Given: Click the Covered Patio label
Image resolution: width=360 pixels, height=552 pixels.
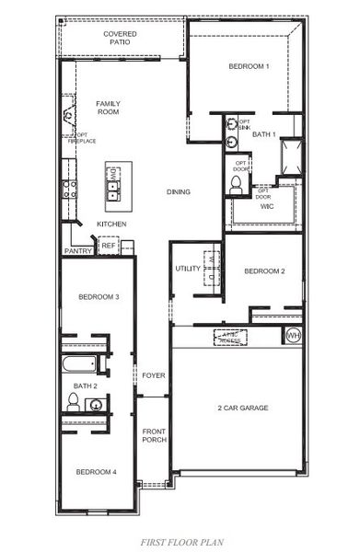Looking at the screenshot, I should pos(120,38).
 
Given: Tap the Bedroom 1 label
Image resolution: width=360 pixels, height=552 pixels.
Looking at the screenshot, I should pos(249,66).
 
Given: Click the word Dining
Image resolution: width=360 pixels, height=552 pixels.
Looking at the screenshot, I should pos(179,191).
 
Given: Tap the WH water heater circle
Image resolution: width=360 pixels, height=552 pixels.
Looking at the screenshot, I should pos(294,335).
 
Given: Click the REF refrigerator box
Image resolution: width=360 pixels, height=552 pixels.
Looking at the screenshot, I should pos(108,246).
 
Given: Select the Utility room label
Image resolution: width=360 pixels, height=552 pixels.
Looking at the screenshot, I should pos(188,268).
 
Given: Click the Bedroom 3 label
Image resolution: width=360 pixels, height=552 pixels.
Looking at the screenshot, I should pos(98,297).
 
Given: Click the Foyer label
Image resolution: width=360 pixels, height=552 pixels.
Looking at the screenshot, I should pos(153,375).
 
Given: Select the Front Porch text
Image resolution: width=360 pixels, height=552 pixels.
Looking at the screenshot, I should pos(153,437).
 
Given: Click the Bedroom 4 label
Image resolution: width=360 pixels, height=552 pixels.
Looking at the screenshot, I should pos(95,472).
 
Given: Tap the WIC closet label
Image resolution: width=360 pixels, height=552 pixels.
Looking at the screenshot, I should pos(267,207).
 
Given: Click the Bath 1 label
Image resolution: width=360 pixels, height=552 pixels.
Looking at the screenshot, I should pos(264,135).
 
